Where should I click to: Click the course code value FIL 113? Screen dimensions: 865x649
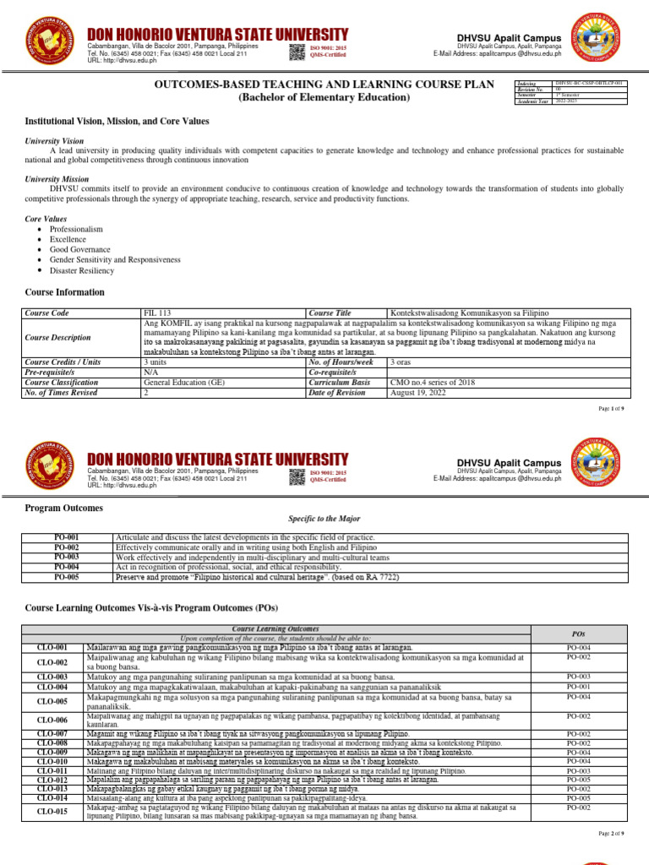pos(157,313)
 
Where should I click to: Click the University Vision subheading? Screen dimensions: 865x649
pos(54,140)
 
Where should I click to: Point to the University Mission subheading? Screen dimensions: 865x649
pos(57,179)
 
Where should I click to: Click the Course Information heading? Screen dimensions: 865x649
pos(65,292)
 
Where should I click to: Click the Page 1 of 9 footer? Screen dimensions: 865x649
pos(611,409)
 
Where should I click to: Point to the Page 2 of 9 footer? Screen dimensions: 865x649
pos(611,834)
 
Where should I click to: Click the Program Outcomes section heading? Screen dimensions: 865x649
pos(64,509)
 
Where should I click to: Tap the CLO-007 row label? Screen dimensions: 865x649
pos(52,734)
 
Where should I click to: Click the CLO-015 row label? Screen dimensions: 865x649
pos(52,813)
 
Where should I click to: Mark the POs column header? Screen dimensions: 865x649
pos(579,633)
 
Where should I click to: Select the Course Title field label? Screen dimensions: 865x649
pos(330,313)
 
